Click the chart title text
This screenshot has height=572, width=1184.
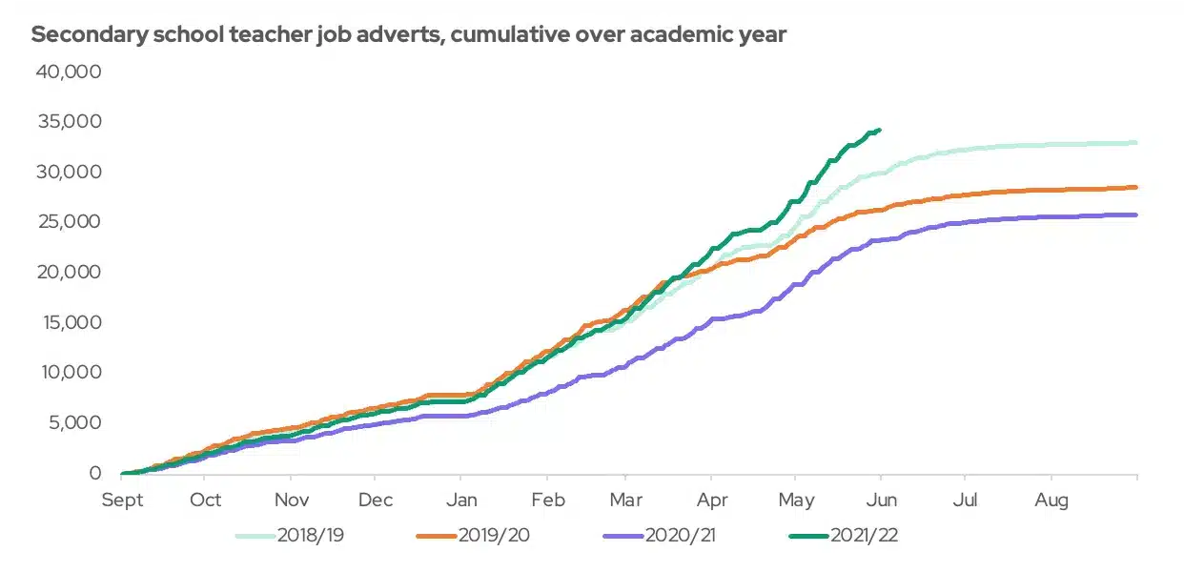pos(409,35)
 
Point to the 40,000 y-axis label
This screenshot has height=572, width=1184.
pos(68,72)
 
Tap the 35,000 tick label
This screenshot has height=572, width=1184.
pos(68,122)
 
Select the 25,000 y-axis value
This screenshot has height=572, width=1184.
pos(68,222)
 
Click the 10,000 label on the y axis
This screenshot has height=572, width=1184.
pos(68,372)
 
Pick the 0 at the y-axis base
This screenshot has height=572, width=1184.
pos(94,473)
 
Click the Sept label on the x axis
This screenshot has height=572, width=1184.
pos(123,500)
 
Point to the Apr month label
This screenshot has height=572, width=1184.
pos(711,500)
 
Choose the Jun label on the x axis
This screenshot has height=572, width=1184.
pos(881,500)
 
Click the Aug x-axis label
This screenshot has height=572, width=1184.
pos(1051,500)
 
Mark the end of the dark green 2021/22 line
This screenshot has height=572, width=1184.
pos(879,130)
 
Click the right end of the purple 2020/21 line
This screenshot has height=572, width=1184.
pos(1135,214)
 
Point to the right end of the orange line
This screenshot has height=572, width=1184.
pos(1135,187)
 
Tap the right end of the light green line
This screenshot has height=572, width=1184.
pos(1135,143)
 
